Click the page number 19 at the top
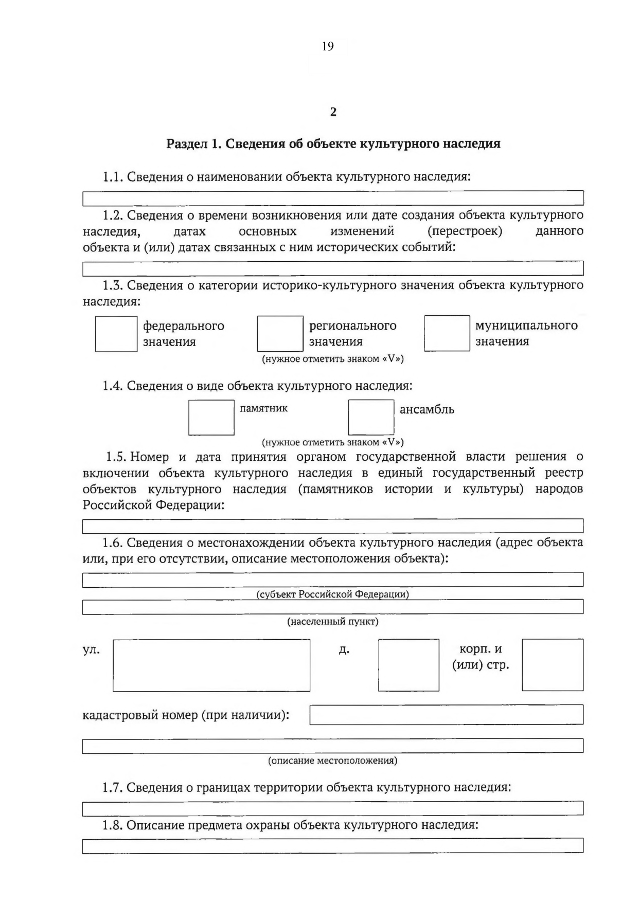328,46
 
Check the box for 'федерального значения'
116,334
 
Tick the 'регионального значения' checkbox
280,334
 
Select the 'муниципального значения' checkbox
447,333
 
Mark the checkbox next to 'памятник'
211,418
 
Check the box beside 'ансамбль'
371,418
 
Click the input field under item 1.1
333,198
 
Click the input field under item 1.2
333,268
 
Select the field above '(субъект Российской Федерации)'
333,580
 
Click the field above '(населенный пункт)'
333,607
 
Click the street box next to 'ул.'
211,665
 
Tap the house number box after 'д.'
408,665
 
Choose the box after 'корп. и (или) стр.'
553,665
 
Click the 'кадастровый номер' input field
446,715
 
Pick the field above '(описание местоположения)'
333,746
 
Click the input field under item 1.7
333,808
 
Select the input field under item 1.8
333,846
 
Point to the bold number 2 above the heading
333,112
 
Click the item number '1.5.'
116,457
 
